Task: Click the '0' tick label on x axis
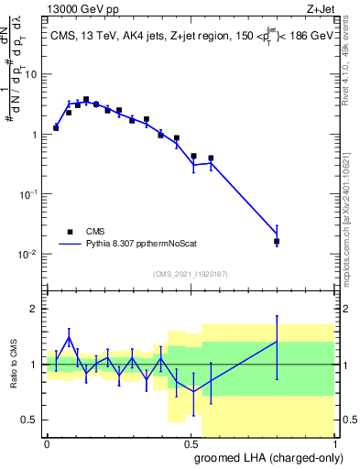[x=47, y=442]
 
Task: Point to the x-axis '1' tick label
[x=333, y=442]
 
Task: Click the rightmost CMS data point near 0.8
[x=277, y=241]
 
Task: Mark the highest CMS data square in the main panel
[x=86, y=99]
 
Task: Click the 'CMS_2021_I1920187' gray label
[x=191, y=273]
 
